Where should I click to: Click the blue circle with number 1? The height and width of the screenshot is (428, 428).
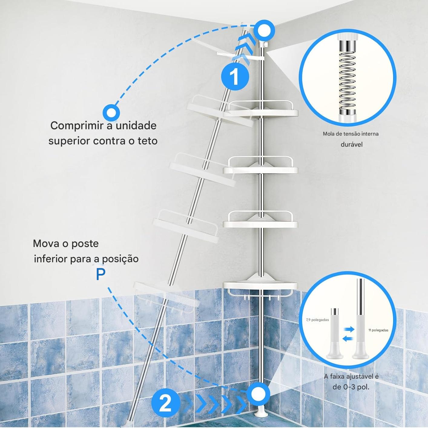click(235, 77)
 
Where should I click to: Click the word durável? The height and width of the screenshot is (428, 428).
click(352, 145)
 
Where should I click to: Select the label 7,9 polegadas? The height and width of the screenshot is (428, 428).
click(318, 320)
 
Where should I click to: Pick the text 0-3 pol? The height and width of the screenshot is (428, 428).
click(356, 387)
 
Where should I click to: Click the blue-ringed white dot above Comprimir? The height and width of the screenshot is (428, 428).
click(111, 113)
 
